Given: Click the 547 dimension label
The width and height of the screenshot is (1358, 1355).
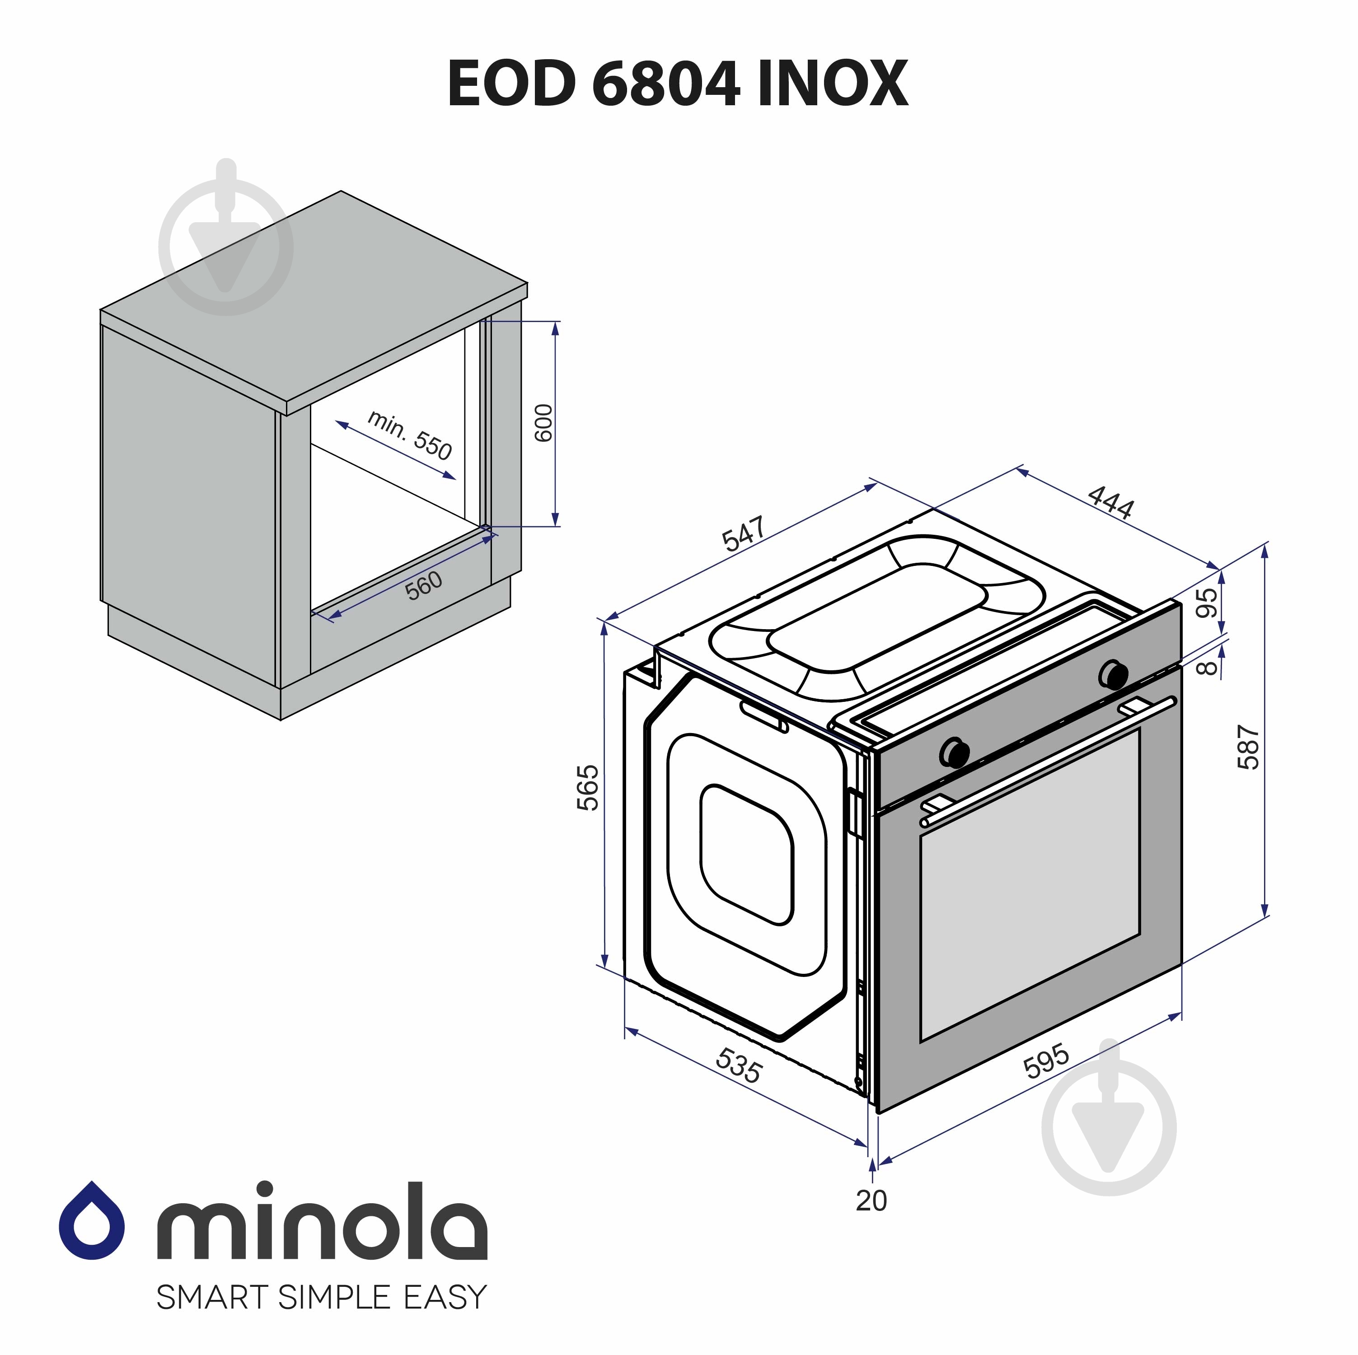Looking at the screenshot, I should tap(744, 534).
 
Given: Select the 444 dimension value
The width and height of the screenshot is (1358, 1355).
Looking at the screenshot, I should tap(1110, 502).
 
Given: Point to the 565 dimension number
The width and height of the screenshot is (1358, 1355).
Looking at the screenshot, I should tap(588, 787).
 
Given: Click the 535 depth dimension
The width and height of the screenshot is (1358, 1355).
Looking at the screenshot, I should tap(738, 1065).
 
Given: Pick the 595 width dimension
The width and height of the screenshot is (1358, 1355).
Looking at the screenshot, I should tap(1047, 1061).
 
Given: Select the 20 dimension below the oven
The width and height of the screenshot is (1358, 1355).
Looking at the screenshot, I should tap(871, 1201).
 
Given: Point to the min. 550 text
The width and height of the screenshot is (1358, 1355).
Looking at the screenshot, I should tap(410, 436).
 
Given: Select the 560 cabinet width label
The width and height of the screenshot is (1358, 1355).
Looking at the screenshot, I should tap(424, 585).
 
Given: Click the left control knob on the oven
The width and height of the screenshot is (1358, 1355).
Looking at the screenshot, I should tap(954, 752).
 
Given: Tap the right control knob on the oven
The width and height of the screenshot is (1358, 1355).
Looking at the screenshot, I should tap(1114, 673).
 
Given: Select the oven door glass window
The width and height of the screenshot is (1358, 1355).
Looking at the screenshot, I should tap(1030, 886).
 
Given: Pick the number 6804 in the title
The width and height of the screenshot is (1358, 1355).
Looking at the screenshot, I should tap(665, 84).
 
